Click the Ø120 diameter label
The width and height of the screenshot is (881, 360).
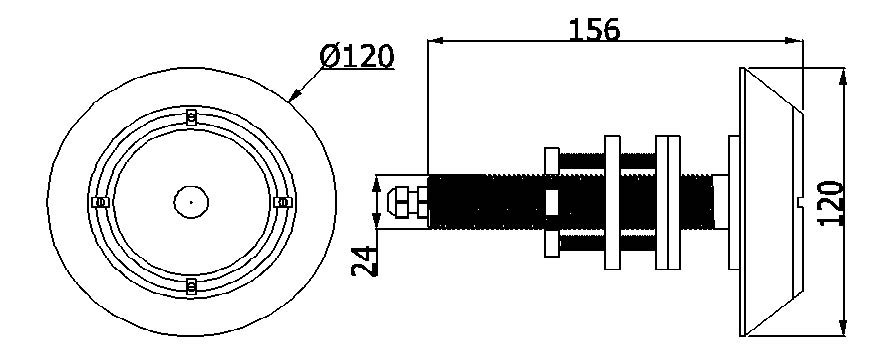pyautogui.click(x=357, y=57)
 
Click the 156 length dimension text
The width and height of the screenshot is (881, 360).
pyautogui.click(x=595, y=30)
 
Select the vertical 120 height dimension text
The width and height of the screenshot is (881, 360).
pyautogui.click(x=832, y=203)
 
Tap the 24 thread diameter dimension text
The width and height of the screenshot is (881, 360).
pyautogui.click(x=364, y=261)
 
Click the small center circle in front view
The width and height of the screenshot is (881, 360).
pyautogui.click(x=191, y=201)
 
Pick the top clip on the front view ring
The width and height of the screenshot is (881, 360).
pyautogui.click(x=191, y=117)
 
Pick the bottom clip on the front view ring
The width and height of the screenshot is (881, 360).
pyautogui.click(x=191, y=286)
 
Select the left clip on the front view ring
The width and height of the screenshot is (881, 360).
pyautogui.click(x=100, y=202)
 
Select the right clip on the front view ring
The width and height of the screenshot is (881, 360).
pyautogui.click(x=282, y=202)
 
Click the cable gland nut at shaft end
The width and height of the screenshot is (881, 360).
pyautogui.click(x=407, y=202)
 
